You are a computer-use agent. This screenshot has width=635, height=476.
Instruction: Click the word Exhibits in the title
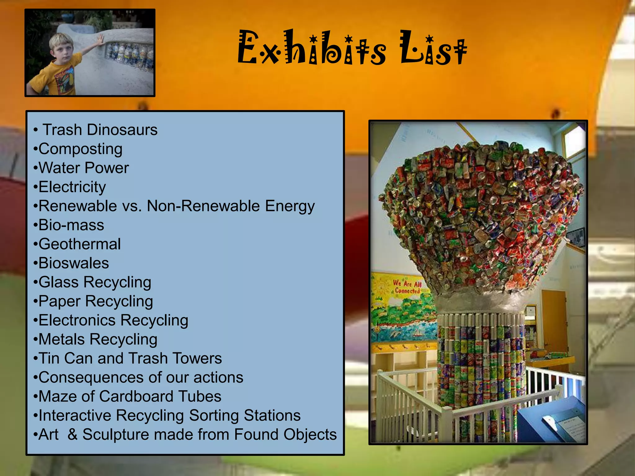pos(312,48)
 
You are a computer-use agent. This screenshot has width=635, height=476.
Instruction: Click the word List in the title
pos(433,48)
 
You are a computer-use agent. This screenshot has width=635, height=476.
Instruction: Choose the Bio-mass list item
pos(71,225)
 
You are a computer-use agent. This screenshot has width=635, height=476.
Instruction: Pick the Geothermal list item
pos(79,244)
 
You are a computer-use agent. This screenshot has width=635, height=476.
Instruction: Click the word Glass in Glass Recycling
pos(59,282)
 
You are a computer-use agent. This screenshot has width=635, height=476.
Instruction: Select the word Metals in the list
pos(61,339)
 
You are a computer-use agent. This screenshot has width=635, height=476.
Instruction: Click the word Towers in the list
pos(197,359)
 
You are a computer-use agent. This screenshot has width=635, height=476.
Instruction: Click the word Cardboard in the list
pos(136,397)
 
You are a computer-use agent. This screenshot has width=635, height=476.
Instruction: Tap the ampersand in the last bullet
pos(72,434)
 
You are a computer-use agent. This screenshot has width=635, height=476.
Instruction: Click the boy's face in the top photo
pos(62,49)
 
